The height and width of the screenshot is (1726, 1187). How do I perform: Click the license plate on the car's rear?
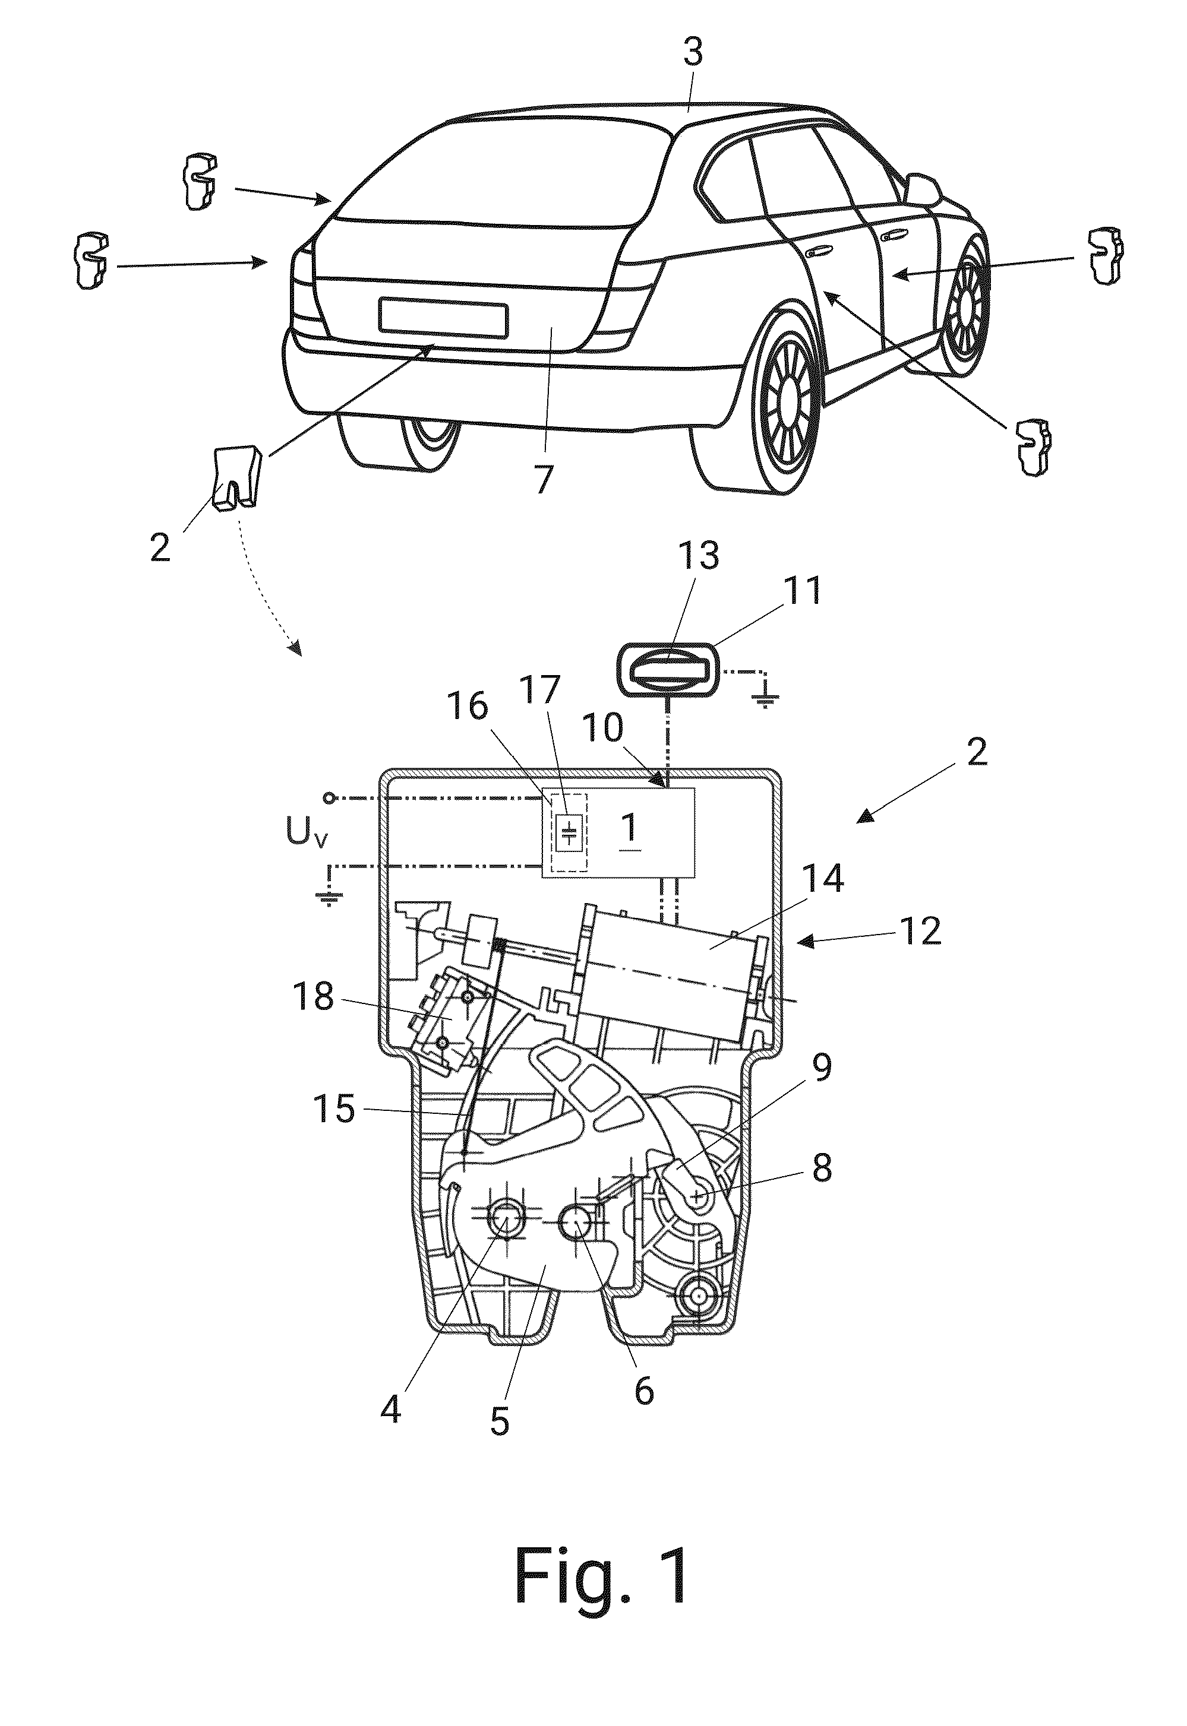(443, 316)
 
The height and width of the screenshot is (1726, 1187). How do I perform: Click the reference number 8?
(821, 1168)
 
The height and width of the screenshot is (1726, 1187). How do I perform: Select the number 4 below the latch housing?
(390, 1408)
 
